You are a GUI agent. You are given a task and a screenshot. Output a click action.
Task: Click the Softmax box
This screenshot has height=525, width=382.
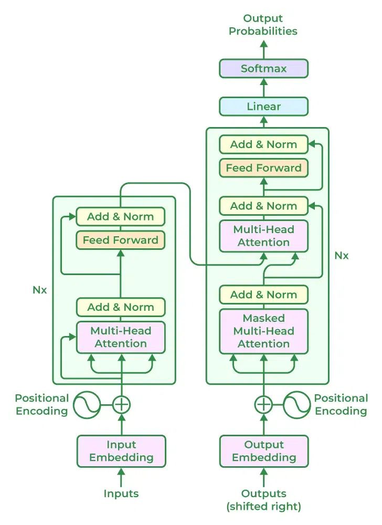tap(263, 69)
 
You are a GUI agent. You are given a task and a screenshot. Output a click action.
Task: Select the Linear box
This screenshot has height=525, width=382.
tap(263, 107)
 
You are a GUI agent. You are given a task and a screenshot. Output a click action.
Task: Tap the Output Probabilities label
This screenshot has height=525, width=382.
tap(263, 25)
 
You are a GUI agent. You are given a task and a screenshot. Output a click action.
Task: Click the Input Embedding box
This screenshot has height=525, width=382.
tap(121, 451)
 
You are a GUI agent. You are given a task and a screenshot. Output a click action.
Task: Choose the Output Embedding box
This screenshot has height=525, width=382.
tap(263, 451)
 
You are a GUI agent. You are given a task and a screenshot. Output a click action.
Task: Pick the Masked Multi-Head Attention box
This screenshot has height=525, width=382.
tap(263, 331)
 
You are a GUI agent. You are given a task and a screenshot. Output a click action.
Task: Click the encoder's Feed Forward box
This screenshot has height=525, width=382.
tap(121, 240)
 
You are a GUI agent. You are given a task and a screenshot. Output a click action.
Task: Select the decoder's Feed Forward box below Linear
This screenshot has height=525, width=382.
tap(263, 168)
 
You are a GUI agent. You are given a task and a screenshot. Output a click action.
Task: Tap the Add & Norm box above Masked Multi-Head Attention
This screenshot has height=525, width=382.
tap(263, 295)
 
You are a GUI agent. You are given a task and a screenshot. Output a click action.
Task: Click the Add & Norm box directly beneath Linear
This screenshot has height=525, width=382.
tap(263, 144)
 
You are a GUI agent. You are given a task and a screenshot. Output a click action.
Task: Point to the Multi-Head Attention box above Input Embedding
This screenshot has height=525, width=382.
tap(121, 337)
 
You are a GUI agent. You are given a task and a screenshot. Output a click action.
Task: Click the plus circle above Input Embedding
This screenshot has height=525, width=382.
tap(121, 405)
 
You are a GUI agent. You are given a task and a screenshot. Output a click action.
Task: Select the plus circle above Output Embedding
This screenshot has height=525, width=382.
tap(263, 405)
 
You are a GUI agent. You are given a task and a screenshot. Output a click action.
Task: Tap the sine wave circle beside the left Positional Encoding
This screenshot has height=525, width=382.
tap(87, 405)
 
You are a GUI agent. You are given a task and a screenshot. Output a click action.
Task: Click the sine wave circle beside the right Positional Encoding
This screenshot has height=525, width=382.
tap(298, 405)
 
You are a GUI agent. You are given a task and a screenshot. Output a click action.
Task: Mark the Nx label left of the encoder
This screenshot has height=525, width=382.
tap(40, 290)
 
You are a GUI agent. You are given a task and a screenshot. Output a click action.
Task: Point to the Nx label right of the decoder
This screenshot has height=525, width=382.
tap(342, 256)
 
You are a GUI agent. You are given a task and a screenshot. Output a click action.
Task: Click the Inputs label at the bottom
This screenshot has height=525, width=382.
tap(121, 493)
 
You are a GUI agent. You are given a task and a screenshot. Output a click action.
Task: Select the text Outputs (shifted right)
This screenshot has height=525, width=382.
tap(263, 500)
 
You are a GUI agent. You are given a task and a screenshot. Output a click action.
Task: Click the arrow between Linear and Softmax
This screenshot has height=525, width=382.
tap(263, 88)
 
